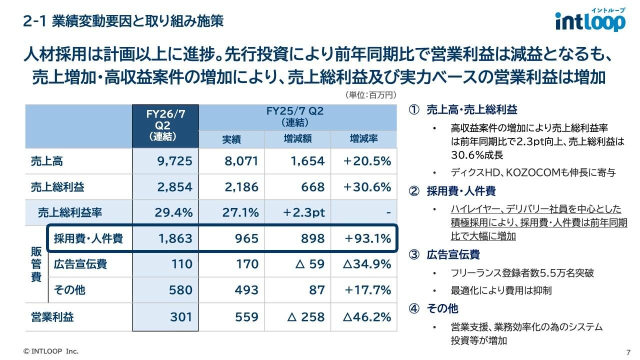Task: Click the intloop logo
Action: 590,20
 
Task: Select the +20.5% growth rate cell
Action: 367,161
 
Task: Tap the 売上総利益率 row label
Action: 69,212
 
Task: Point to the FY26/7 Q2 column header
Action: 165,125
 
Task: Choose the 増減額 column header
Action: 297,138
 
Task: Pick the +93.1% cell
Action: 367,238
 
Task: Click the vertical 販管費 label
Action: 36,264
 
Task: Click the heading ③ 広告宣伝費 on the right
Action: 445,255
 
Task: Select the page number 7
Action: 627,351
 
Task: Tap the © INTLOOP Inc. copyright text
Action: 51,351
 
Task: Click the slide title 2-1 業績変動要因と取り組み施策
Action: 123,21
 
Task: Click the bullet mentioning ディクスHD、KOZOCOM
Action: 533,173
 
